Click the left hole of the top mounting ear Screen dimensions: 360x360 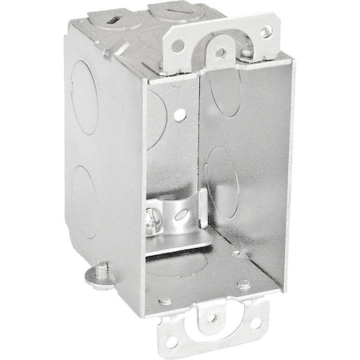point(178,46)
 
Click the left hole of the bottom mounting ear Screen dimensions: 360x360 point(172,342)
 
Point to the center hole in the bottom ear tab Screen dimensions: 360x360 point(212,318)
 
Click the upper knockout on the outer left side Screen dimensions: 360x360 point(85,96)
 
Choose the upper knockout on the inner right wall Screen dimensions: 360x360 point(226,92)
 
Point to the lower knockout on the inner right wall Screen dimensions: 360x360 point(220,182)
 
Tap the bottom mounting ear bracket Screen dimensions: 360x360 point(212,329)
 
